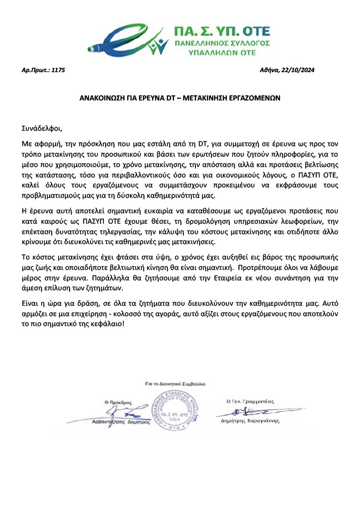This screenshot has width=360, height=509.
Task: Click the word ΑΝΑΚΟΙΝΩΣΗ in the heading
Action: click(x=106, y=98)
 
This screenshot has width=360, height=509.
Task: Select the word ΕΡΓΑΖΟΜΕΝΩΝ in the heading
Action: click(x=251, y=98)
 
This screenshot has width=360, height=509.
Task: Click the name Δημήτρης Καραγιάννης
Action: click(x=250, y=421)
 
